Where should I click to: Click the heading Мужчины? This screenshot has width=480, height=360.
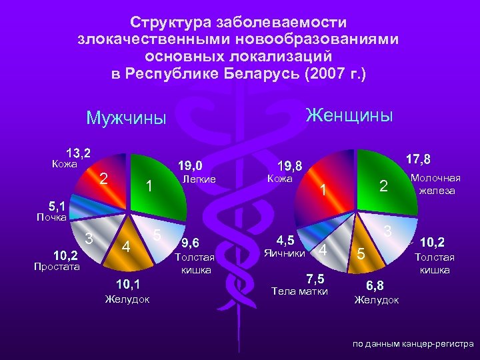pos(126,119)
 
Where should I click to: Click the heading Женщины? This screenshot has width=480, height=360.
pos(349,115)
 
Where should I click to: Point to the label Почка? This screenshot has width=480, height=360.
pos(51,217)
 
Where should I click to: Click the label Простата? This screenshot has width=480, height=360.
pos(57,267)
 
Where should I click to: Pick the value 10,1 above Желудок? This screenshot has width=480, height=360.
pos(126,285)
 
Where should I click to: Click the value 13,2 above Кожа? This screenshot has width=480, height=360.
pos(78,152)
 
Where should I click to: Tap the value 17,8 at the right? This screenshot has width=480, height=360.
pos(417,159)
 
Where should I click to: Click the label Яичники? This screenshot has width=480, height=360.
pos(285,253)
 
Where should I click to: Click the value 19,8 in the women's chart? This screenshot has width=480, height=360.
pos(289,165)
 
